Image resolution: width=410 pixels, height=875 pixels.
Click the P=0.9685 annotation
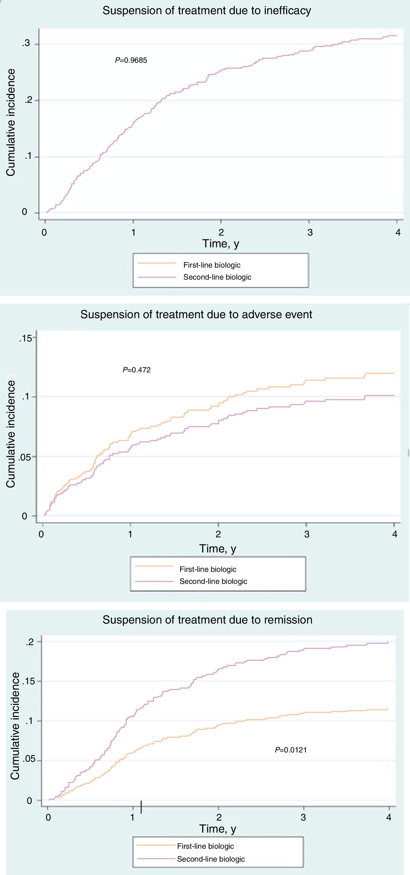[x=131, y=60]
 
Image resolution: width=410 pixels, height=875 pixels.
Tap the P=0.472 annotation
[x=136, y=370]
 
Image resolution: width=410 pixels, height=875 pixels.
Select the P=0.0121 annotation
[x=291, y=750]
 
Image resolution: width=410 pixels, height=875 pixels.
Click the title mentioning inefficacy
[x=207, y=10]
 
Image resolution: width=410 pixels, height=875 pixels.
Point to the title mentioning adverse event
[x=196, y=315]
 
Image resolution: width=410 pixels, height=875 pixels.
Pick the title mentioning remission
[x=207, y=620]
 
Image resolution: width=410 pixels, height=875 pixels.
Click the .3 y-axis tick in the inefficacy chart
[x=26, y=44]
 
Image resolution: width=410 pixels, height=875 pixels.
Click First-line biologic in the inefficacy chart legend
[x=212, y=265]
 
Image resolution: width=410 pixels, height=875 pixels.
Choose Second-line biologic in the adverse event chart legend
[x=213, y=581]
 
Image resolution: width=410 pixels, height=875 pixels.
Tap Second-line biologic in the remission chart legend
[x=211, y=859]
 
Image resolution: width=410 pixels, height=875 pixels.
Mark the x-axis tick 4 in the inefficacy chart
[x=398, y=232]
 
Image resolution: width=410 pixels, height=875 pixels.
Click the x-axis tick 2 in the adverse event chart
[x=218, y=534]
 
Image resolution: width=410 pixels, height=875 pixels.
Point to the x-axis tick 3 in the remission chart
[x=303, y=817]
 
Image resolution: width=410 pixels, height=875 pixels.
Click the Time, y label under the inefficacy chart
[x=221, y=244]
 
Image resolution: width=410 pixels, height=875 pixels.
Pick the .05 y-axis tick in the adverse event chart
[x=24, y=457]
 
